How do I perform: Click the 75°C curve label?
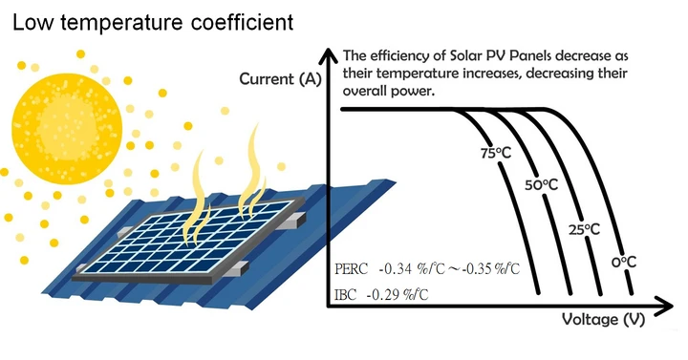tap(496, 154)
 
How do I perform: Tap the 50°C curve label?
tap(542, 185)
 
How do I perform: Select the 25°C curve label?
tap(584, 229)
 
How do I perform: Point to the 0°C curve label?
tap(624, 263)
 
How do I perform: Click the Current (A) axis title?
tap(280, 79)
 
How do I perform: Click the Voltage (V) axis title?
tap(603, 320)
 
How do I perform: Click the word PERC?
tap(351, 268)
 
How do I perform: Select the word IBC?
tap(346, 295)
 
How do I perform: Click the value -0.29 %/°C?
tap(398, 295)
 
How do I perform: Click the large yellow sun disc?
tap(67, 129)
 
